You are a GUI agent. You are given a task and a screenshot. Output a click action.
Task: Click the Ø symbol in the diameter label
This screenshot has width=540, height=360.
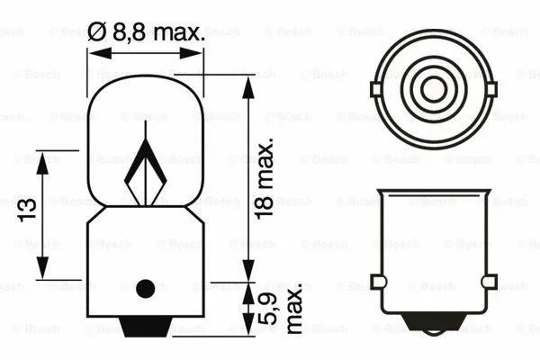[x=97, y=33]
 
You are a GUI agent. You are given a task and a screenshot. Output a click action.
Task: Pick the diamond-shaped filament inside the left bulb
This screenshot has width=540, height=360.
[x=145, y=172]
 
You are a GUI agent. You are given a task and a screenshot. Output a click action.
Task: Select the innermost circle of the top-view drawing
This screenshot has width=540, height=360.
[x=433, y=88]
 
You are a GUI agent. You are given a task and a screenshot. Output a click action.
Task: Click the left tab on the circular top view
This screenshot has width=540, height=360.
[x=374, y=88]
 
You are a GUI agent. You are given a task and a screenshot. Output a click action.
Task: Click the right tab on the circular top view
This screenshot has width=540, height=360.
[x=491, y=88]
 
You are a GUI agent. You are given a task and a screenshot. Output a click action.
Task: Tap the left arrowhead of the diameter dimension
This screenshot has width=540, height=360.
[x=93, y=52]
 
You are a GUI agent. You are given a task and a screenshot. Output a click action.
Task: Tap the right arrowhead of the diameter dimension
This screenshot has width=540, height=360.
[x=199, y=52]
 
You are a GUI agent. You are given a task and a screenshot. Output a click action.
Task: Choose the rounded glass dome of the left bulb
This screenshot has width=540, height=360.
[x=145, y=99]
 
